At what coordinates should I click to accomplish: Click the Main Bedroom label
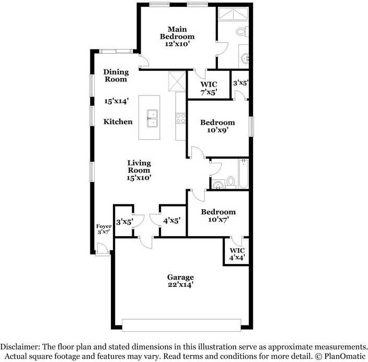177,37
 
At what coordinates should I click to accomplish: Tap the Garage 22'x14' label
180,281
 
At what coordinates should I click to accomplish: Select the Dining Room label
116,76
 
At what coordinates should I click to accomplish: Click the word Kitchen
118,122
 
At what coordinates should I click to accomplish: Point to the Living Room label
139,170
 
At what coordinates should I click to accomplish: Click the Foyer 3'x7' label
103,230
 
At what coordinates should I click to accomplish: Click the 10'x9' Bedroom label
217,126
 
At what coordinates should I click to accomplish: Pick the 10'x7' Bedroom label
218,215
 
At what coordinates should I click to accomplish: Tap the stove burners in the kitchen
181,118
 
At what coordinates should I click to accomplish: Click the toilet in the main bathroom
241,31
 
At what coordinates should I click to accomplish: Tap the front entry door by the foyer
102,251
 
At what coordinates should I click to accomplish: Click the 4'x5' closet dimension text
171,221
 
